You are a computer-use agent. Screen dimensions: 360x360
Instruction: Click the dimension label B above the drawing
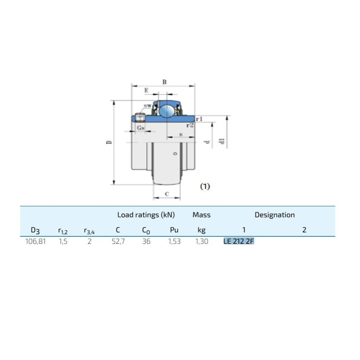[164, 82]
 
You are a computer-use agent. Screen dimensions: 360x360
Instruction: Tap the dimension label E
[146, 90]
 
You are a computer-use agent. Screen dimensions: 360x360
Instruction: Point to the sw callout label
[148, 106]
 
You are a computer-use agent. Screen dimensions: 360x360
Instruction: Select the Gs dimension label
[141, 128]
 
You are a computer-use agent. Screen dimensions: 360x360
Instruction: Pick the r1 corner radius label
[199, 119]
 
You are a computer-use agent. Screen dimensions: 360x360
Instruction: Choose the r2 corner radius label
[190, 125]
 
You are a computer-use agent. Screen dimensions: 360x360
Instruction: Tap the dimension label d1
[222, 141]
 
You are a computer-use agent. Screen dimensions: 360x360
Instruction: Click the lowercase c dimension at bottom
[167, 194]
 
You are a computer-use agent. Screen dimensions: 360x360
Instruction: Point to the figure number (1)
[205, 186]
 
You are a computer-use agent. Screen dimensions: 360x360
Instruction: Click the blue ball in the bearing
[167, 111]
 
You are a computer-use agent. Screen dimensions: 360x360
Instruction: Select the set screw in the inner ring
[140, 118]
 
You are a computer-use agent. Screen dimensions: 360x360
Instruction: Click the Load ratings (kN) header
[146, 215]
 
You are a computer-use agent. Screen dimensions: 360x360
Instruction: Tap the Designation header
[275, 215]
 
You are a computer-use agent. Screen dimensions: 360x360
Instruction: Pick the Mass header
[201, 215]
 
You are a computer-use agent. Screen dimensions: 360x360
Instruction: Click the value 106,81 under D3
[36, 241]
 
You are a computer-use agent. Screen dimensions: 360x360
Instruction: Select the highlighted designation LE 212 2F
[239, 241]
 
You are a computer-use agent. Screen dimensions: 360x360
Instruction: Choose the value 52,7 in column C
[118, 241]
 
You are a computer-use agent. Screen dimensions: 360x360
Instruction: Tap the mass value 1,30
[202, 241]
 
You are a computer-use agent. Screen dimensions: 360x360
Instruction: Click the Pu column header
[174, 230]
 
